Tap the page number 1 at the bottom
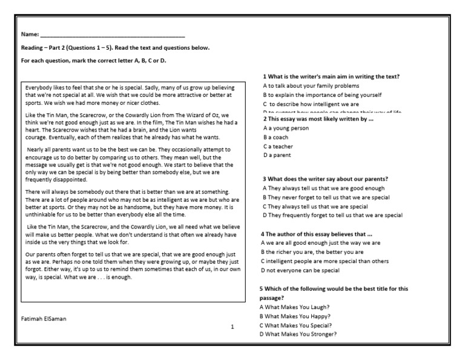coord(231,327)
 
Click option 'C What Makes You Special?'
coord(298,325)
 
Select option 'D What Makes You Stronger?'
coord(300,334)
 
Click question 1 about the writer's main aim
coord(331,76)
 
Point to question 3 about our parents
coord(325,179)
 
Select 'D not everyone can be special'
coord(300,270)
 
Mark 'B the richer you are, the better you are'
coord(311,252)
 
